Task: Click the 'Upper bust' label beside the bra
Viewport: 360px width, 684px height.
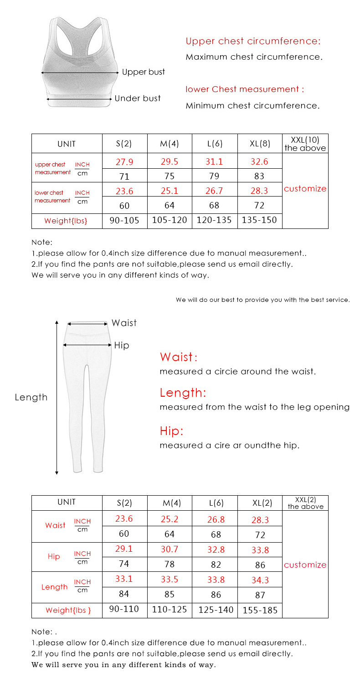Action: [143, 72]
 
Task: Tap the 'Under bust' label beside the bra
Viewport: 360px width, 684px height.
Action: [137, 98]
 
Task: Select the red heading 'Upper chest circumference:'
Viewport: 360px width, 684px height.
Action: [253, 41]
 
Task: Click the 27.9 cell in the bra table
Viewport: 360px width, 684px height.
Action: [124, 161]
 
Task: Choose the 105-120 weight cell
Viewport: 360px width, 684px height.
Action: [170, 221]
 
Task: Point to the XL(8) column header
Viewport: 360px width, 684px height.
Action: [260, 144]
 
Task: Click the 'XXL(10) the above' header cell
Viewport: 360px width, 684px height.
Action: [305, 144]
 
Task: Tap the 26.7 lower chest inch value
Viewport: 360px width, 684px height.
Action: [214, 190]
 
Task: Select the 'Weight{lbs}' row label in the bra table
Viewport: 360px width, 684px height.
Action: [66, 221]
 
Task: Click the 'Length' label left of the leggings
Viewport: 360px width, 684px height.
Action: [31, 397]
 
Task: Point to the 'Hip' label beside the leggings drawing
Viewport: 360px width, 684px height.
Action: [122, 346]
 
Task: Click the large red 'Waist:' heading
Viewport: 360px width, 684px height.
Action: [179, 357]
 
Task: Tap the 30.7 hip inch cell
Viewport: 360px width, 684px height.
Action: [170, 550]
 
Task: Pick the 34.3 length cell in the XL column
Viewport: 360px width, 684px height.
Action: [260, 580]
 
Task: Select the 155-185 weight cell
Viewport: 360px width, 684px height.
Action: [260, 611]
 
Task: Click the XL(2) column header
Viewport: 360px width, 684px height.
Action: [262, 503]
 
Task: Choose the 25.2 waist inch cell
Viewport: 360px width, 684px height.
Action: [170, 519]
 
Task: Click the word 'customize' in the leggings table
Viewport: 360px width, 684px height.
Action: [305, 565]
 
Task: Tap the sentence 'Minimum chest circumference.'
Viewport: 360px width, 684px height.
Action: [252, 106]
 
